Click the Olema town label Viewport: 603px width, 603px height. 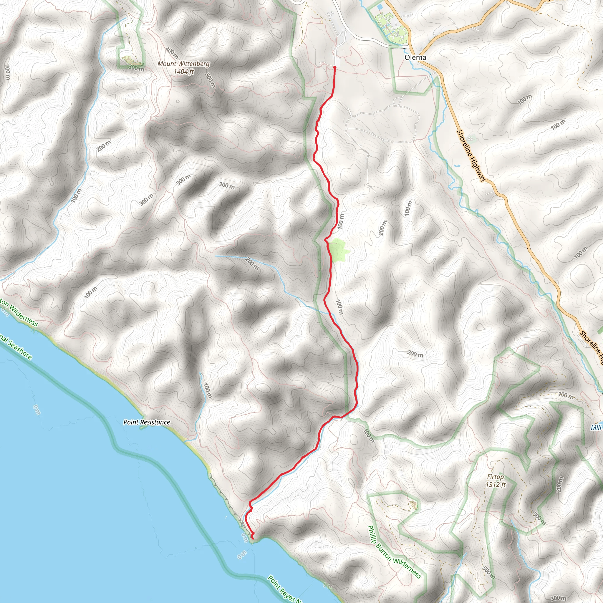click(415, 57)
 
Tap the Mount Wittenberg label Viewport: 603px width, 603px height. click(183, 64)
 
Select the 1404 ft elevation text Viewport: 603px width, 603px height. click(183, 72)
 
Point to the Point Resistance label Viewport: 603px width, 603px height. click(147, 422)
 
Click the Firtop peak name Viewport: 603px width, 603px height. click(495, 477)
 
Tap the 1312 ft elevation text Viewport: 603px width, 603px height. click(495, 485)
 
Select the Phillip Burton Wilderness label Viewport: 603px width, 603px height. click(394, 552)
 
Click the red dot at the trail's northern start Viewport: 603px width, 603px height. click(334, 67)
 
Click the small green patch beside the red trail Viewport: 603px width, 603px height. click(338, 249)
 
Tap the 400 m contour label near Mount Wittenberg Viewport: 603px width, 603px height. click(172, 53)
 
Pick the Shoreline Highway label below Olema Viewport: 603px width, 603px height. click(471, 155)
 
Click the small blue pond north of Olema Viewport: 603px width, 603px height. click(380, 6)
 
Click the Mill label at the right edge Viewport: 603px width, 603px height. click(596, 428)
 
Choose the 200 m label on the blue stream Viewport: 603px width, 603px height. click(251, 264)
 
